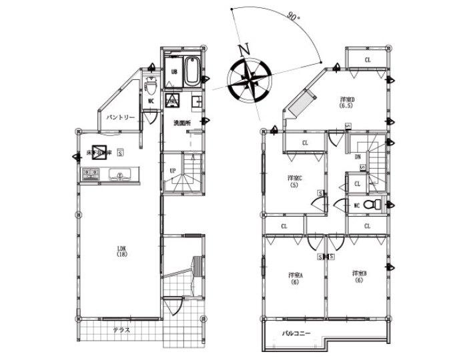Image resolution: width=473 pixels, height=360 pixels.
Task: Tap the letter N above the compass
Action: tap(244, 49)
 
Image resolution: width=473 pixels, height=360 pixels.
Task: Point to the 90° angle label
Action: tap(292, 15)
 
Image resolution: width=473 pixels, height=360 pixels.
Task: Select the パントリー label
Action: tap(121, 117)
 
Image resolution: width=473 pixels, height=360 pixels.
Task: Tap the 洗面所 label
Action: tap(182, 123)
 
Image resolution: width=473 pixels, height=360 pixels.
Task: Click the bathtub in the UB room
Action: tap(190, 72)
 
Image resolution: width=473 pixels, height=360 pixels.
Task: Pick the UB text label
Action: tap(173, 72)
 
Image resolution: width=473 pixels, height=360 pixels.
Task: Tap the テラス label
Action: tap(121, 331)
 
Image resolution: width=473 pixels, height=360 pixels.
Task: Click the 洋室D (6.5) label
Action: tap(347, 102)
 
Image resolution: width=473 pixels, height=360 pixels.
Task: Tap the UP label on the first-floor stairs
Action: tap(173, 171)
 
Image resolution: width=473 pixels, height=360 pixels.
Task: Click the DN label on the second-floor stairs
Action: tap(358, 157)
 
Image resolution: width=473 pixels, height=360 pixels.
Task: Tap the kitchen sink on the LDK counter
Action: tap(121, 176)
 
